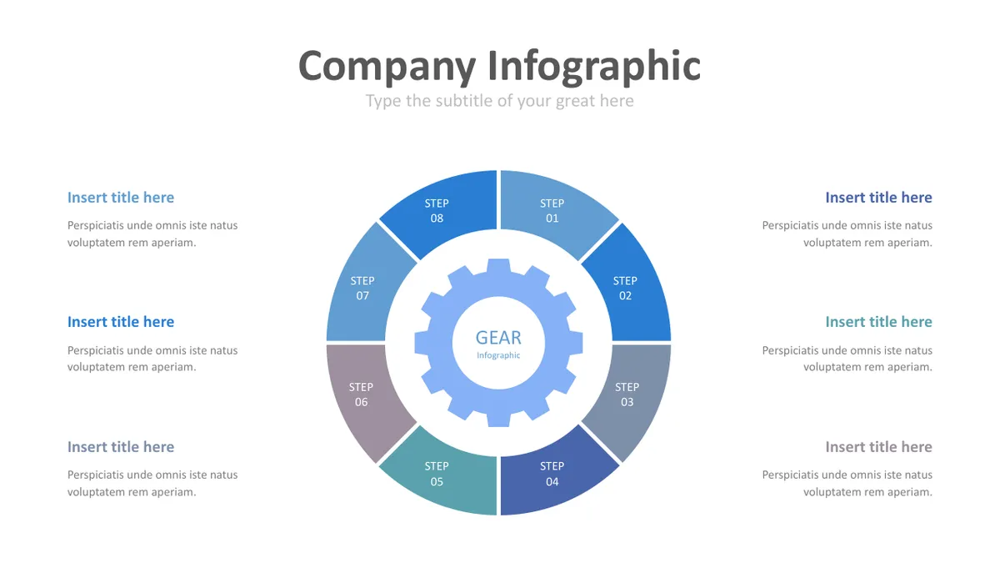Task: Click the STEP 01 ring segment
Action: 553,211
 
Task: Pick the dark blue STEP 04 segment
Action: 553,474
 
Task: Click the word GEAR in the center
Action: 498,338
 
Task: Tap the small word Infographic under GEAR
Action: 498,355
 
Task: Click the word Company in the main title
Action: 387,67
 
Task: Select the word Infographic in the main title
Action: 594,67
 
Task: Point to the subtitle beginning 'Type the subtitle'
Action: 499,102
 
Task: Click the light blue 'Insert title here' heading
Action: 121,198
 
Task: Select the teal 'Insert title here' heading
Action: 878,322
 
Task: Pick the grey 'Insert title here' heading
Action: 878,447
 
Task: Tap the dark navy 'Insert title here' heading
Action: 878,198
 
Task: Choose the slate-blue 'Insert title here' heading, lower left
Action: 121,447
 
